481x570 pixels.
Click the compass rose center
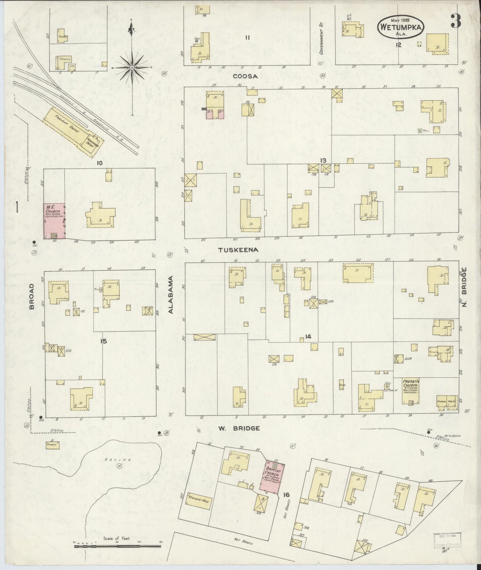coord(132,68)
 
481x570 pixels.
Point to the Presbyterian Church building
coord(410,390)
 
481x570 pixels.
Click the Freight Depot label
coord(67,125)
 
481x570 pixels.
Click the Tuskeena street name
coord(238,249)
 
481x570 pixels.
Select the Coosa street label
coord(245,76)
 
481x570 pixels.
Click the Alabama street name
coord(171,294)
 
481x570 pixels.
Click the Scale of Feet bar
coord(117,546)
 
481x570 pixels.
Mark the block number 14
coord(308,337)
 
